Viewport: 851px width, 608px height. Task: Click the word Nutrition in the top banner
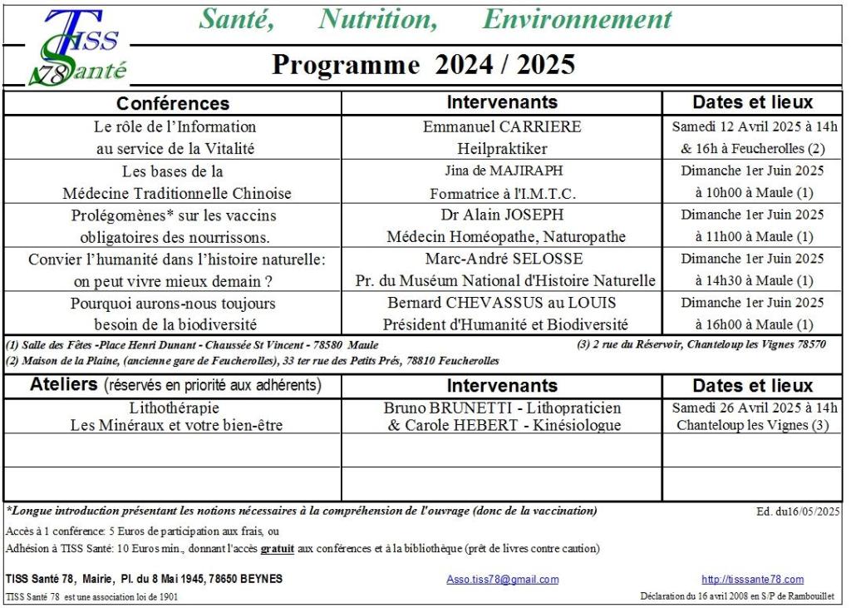(x=378, y=18)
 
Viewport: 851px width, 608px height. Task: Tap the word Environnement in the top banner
(x=577, y=18)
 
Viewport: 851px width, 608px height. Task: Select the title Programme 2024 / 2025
(x=423, y=65)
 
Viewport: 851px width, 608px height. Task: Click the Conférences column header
(x=172, y=103)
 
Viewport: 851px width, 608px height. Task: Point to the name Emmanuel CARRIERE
(x=502, y=127)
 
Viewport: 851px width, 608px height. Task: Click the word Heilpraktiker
(x=502, y=149)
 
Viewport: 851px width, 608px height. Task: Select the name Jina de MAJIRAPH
(x=503, y=171)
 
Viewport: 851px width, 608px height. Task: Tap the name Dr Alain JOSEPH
(x=502, y=215)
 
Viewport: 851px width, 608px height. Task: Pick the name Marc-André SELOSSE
(x=502, y=259)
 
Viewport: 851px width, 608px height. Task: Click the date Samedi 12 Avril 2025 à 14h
(x=754, y=127)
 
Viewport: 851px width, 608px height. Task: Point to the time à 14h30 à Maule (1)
(x=754, y=281)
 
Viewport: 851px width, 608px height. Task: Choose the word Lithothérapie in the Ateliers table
(x=174, y=408)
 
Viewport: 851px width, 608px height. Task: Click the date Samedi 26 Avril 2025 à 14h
(x=754, y=408)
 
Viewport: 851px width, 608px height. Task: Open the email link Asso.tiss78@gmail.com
(x=502, y=579)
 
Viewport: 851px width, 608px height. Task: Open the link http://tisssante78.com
(x=752, y=579)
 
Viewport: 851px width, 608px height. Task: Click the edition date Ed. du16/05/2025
(x=799, y=512)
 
